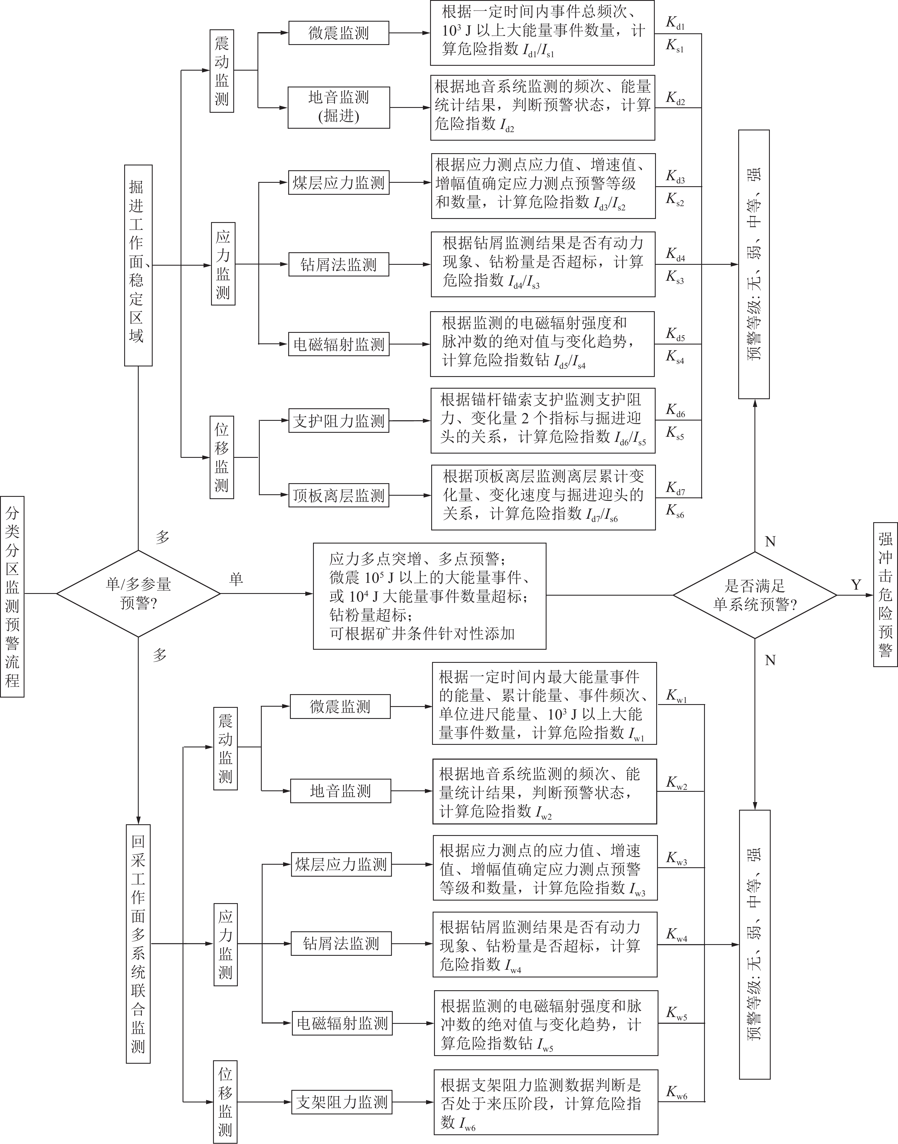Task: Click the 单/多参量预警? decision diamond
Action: pos(138,594)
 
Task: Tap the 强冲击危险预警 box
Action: pos(885,594)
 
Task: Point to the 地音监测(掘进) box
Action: pos(339,107)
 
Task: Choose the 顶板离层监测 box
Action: pos(339,495)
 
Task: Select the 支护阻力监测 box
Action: pos(339,421)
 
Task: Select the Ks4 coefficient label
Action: pos(675,357)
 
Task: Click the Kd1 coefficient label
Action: pos(675,22)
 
